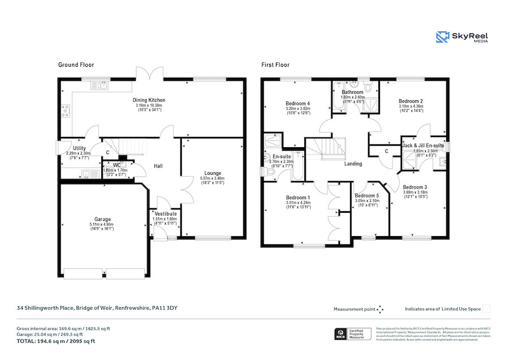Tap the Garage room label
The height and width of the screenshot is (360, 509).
click(102, 219)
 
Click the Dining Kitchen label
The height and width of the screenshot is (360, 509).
click(149, 100)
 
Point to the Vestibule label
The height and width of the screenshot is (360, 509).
click(165, 213)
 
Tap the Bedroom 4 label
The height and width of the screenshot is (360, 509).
click(297, 104)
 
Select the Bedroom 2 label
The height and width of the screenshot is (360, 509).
click(411, 101)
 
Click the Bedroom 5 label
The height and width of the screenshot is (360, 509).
click(366, 195)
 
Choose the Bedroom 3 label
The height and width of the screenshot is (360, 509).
click(415, 187)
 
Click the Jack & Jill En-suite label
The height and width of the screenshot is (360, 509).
click(423, 145)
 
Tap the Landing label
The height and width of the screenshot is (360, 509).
click(353, 164)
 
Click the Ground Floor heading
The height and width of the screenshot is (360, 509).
click(76, 65)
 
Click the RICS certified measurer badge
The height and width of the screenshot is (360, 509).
click(353, 334)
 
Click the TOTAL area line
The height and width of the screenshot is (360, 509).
click(55, 341)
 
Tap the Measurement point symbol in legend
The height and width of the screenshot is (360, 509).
click(380, 309)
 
